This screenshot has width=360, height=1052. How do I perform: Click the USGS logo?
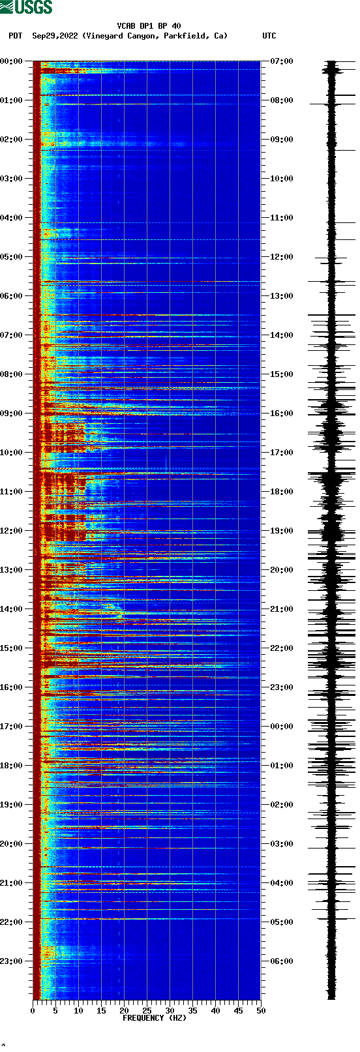point(26,7)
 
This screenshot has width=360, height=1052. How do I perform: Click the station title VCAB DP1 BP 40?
point(149,26)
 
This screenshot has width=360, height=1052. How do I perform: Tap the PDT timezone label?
point(15,36)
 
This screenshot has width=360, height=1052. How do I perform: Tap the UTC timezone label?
point(269,36)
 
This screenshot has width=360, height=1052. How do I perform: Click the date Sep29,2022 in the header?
point(55,36)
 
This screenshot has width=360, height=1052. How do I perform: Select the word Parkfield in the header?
point(185,36)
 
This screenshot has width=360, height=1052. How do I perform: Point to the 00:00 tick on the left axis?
point(12,61)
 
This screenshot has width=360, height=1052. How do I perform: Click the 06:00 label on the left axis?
point(12,296)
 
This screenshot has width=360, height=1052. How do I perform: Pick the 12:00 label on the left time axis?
point(12,531)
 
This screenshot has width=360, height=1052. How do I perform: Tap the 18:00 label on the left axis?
point(12,766)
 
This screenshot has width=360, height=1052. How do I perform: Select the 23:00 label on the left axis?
point(12,961)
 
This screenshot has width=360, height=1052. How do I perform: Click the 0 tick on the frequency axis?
point(33,1011)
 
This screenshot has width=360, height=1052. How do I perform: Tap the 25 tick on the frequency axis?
point(147,1011)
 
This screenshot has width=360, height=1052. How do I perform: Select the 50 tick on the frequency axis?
point(261,1011)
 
